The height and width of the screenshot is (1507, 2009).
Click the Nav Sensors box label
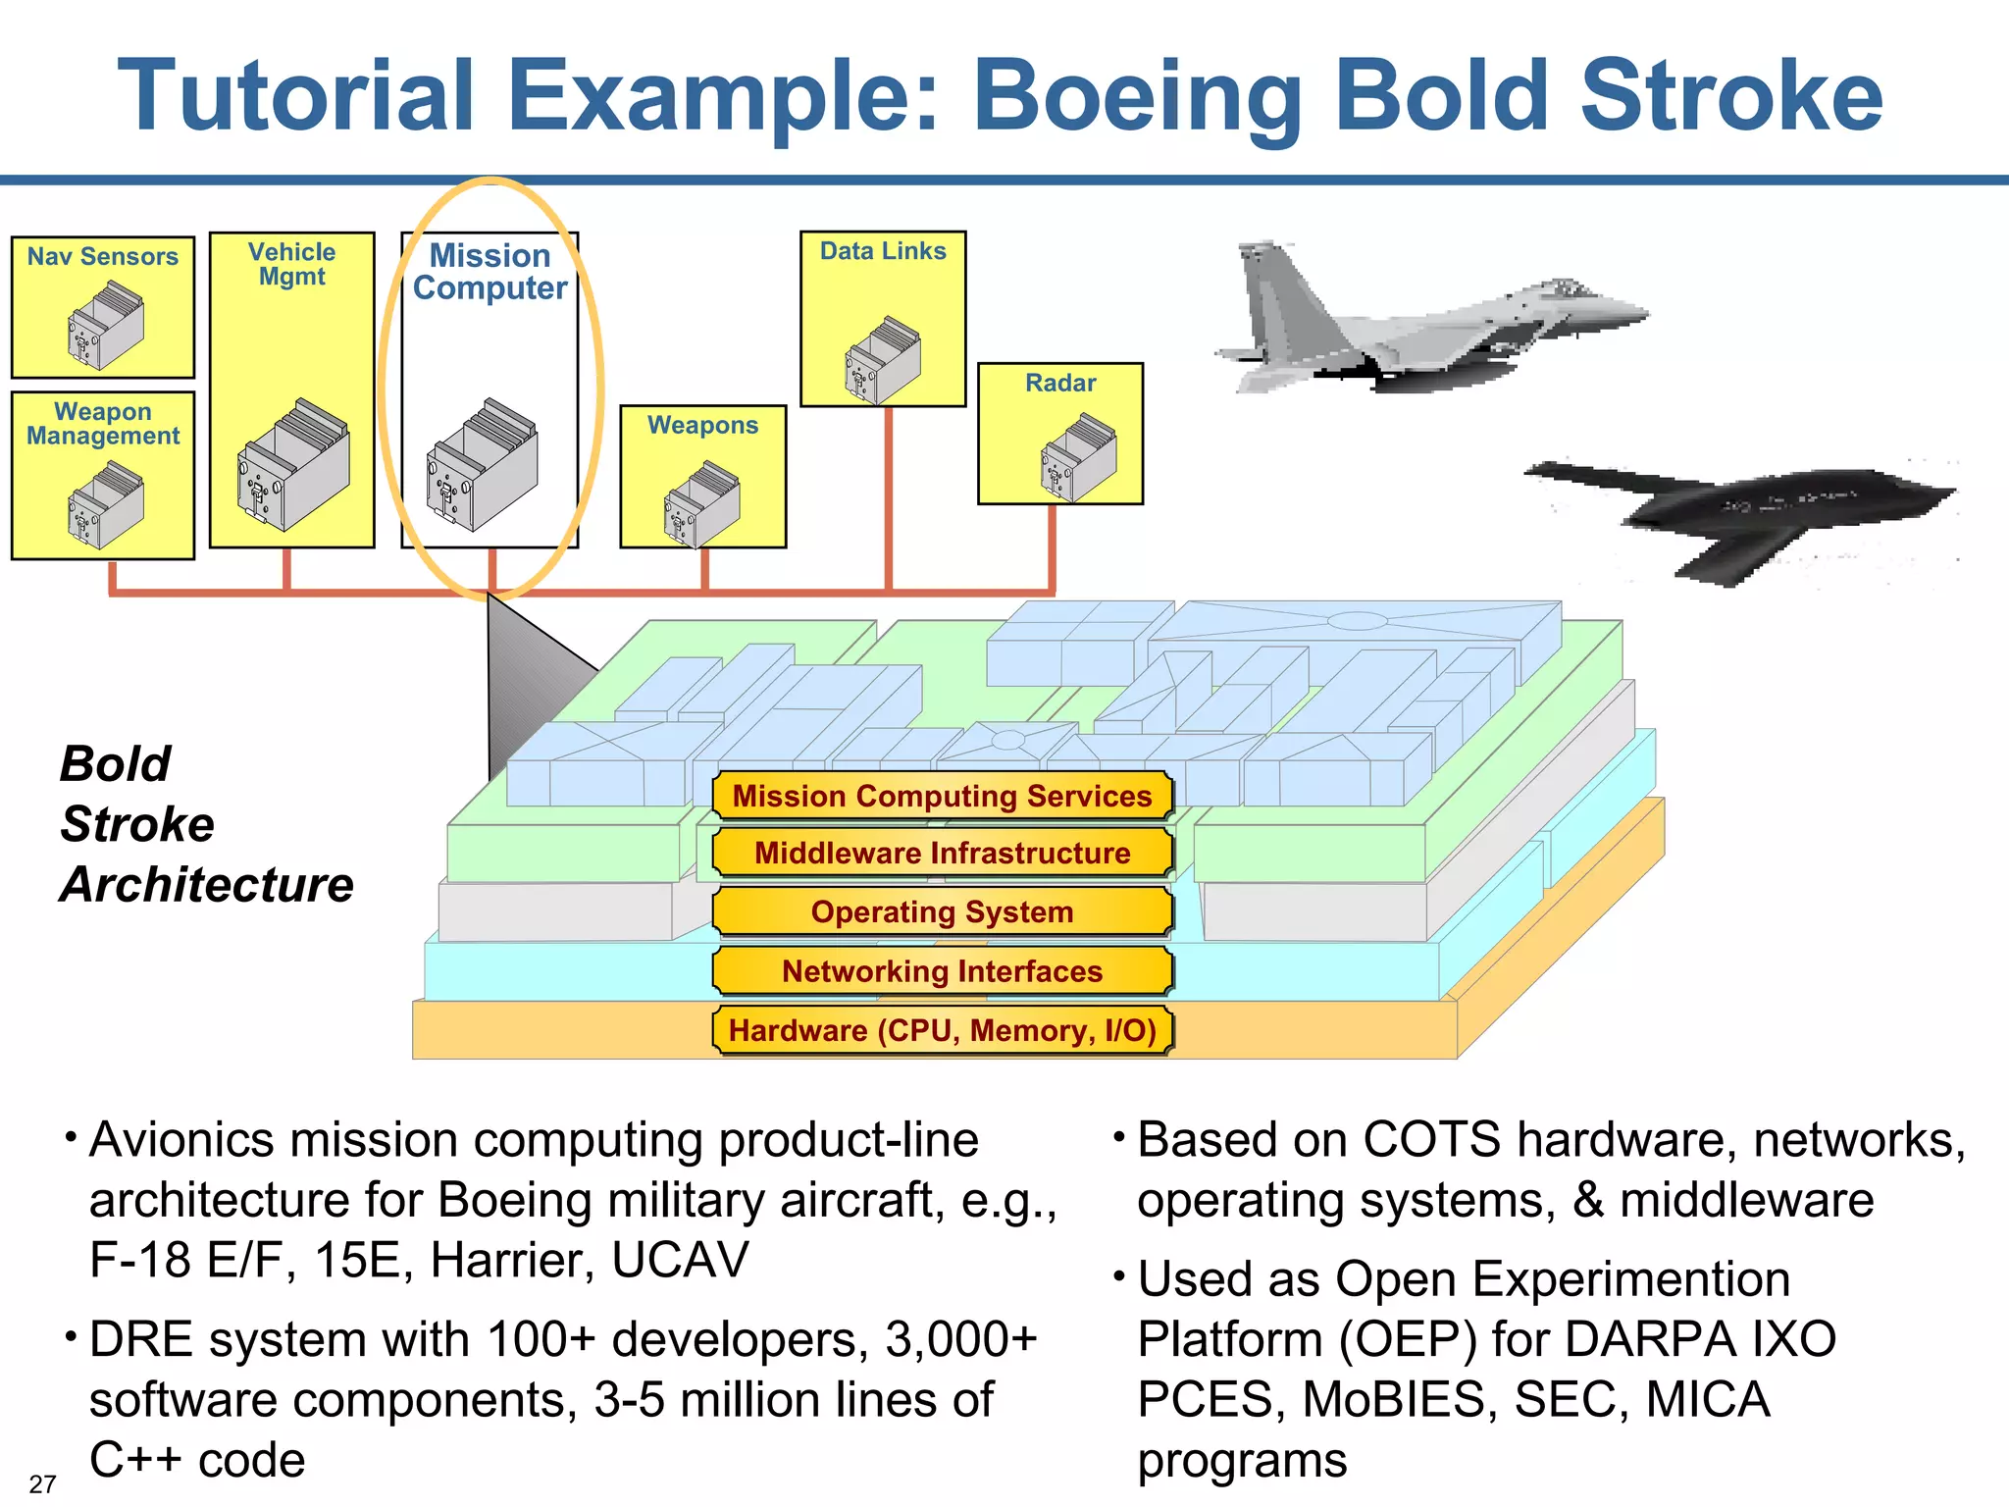click(x=102, y=257)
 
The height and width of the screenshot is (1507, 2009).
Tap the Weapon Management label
click(x=102, y=424)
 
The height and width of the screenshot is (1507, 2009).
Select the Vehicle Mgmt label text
click(x=291, y=265)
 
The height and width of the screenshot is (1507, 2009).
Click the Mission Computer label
click(x=489, y=272)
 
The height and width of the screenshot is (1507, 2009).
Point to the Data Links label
click(x=883, y=251)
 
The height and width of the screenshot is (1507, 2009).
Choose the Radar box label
click(x=1060, y=383)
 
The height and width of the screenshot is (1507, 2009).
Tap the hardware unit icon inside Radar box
click(x=1078, y=456)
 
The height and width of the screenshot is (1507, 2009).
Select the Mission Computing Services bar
click(x=942, y=796)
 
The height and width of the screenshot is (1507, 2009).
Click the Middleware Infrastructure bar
click(x=942, y=853)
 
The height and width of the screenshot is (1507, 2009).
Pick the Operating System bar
click(x=942, y=911)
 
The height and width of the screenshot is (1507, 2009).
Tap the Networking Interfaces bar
click(x=942, y=971)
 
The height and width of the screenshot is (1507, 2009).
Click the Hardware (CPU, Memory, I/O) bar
click(x=942, y=1030)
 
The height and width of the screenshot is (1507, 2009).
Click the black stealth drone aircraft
click(x=1736, y=515)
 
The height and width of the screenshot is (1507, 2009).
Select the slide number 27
click(x=42, y=1483)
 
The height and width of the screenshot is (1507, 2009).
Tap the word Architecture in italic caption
click(x=207, y=884)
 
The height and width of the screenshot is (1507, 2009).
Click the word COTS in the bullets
click(x=1431, y=1140)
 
